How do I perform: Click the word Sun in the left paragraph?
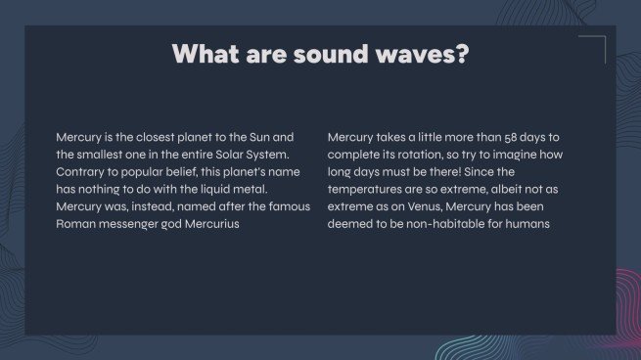(256, 137)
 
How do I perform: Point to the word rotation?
(422, 155)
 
